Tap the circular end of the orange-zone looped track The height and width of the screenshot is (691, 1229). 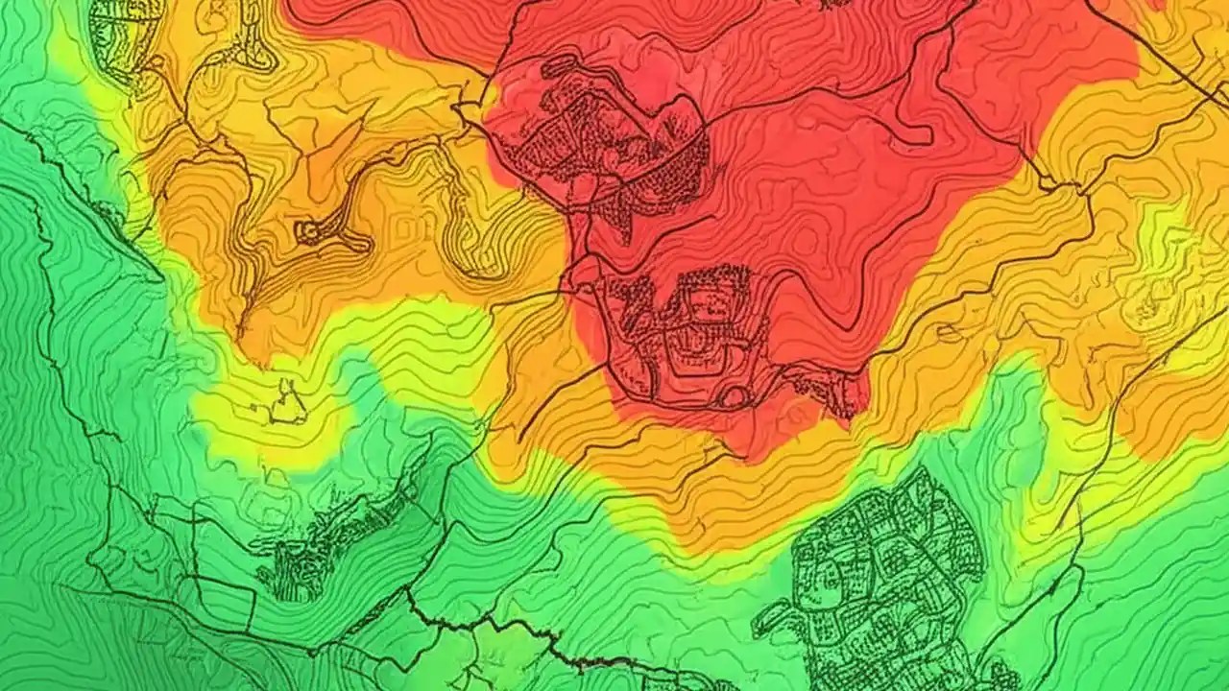[x=309, y=231]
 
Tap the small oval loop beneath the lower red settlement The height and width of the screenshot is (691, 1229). [x=734, y=396]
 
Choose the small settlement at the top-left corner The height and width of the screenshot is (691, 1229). [x=125, y=34]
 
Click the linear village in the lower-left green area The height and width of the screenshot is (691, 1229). [x=336, y=537]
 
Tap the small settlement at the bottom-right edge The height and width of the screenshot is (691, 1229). [x=999, y=677]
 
